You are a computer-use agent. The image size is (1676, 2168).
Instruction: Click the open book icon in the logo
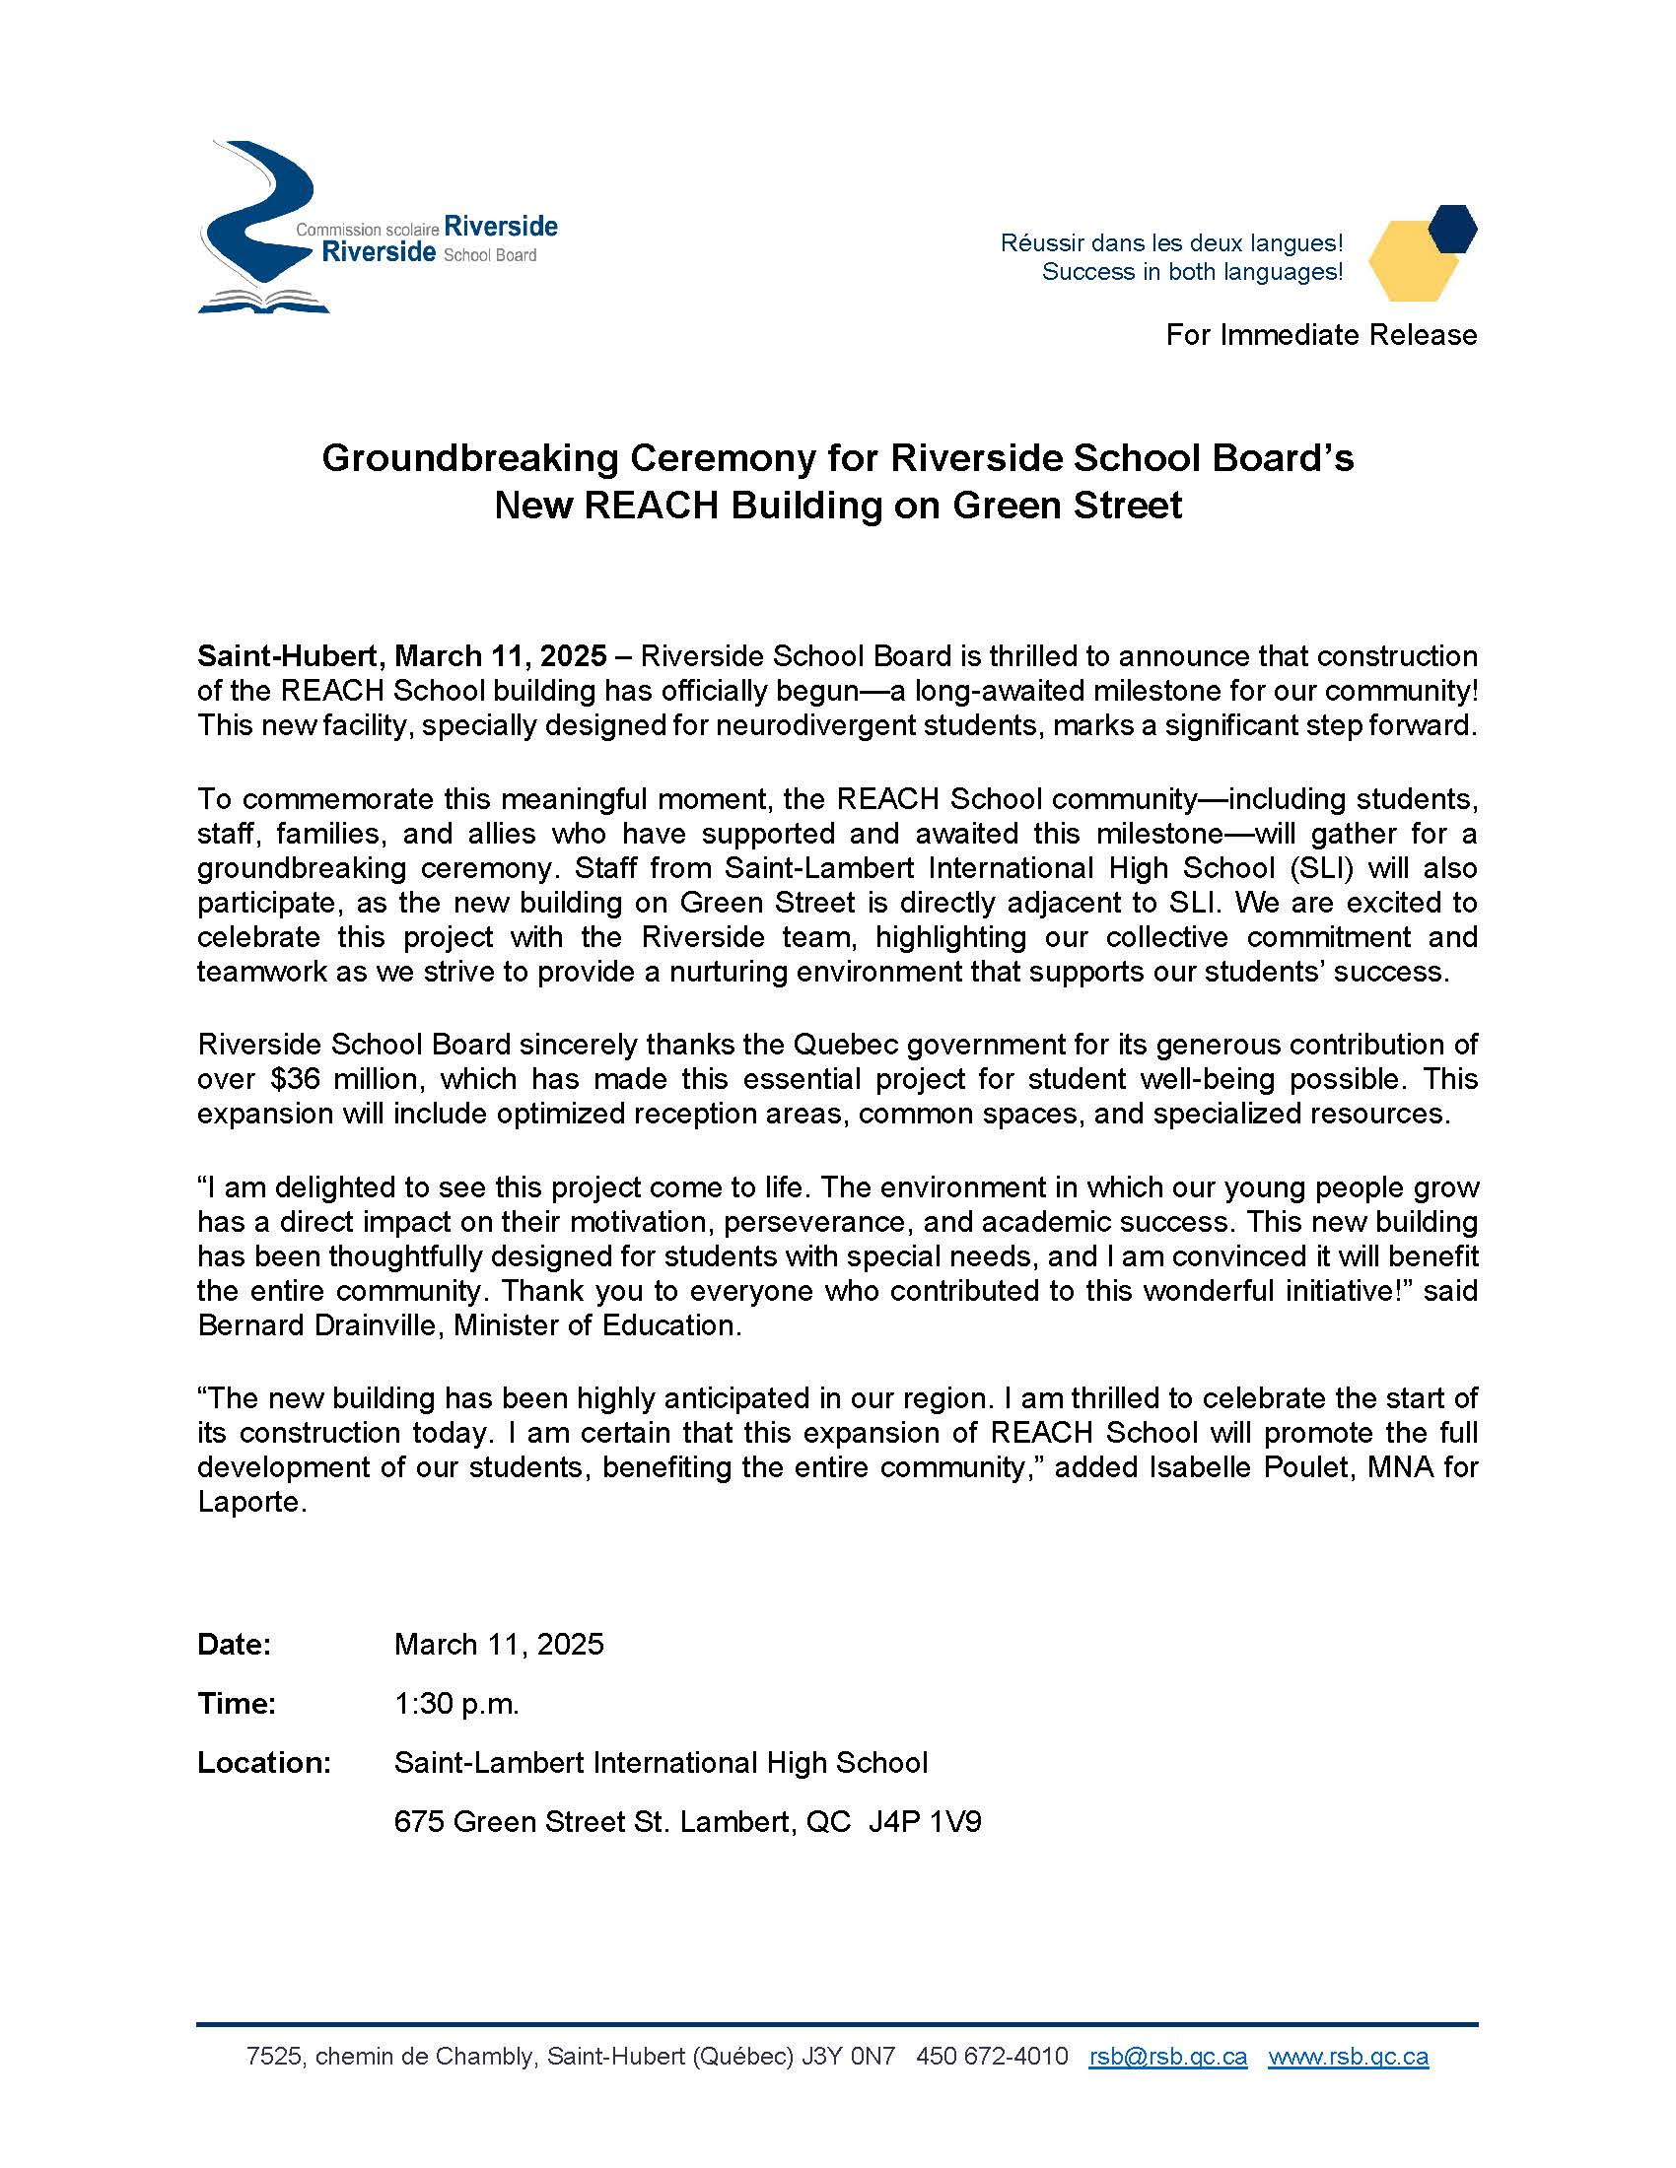(x=263, y=301)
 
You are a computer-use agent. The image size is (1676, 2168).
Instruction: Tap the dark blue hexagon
(x=1452, y=229)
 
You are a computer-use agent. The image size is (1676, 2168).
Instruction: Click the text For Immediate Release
(x=1320, y=335)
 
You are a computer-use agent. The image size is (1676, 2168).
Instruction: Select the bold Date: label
(x=235, y=1645)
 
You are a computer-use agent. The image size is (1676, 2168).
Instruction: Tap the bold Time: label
(x=237, y=1704)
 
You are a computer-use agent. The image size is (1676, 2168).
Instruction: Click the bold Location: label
(x=264, y=1762)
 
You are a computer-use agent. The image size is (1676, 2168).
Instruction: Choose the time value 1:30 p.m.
(x=456, y=1704)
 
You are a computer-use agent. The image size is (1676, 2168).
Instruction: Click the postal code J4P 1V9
(x=925, y=1821)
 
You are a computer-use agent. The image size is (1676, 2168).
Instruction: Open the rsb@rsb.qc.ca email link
(x=1167, y=2056)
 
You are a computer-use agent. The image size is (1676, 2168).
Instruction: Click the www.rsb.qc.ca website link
(x=1349, y=2056)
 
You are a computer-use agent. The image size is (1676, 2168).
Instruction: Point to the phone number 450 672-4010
(x=992, y=2056)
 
